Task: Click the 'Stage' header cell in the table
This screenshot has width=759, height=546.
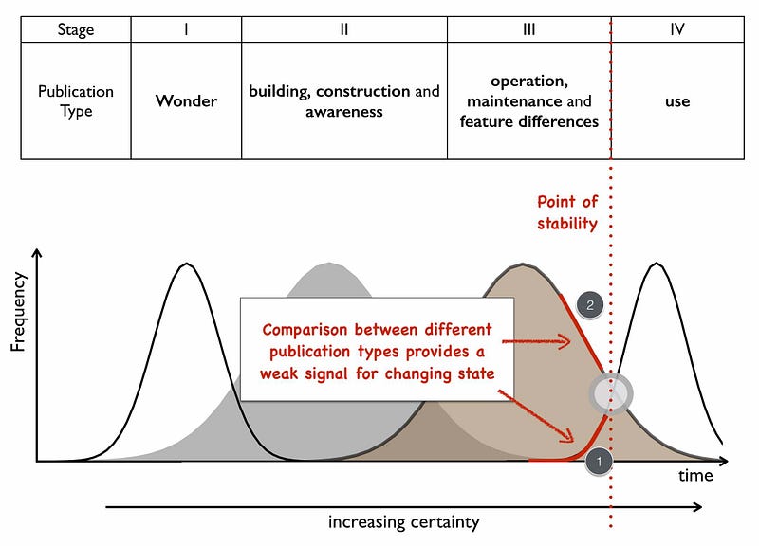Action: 75,29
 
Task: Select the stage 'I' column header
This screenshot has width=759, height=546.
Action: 186,29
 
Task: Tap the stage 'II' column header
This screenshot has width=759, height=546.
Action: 344,29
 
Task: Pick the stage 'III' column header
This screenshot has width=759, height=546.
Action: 528,29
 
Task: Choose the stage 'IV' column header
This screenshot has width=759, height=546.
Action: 676,29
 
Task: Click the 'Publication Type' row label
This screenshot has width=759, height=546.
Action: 75,101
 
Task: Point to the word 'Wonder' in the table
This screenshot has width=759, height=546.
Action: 186,101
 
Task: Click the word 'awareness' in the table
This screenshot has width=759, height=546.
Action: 343,112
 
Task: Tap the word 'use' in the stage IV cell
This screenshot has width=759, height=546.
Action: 676,101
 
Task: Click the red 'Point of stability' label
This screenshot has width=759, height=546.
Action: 566,212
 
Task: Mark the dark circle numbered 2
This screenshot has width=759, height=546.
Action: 590,304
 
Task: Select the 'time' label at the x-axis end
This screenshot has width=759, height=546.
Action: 694,476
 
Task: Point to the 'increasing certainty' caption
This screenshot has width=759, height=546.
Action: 403,522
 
